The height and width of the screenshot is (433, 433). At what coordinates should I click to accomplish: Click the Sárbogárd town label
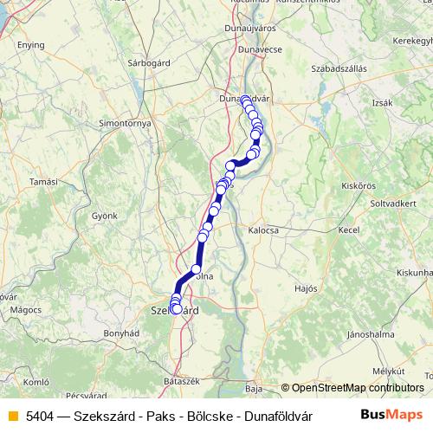tap(147, 63)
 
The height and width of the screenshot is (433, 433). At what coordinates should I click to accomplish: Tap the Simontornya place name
tap(126, 124)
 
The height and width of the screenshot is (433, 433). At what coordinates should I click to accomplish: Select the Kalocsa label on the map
tap(263, 231)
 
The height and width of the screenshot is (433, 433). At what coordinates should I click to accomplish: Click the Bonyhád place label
tap(121, 333)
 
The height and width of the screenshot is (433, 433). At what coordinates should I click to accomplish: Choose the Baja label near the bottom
tap(254, 389)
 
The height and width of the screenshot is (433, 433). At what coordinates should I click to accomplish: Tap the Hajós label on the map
tap(307, 288)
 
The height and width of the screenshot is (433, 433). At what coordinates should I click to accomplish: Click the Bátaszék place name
tap(183, 381)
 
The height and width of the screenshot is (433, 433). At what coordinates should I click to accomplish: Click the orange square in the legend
tap(12, 415)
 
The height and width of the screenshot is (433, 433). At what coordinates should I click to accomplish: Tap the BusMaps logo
tap(392, 415)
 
